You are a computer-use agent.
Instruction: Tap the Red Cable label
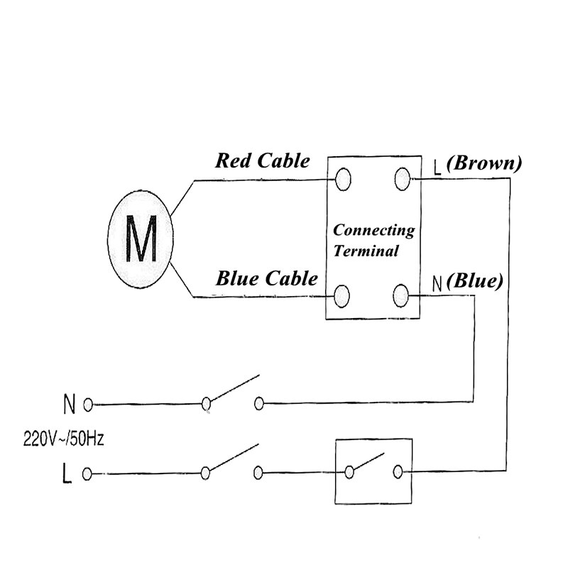coord(263,160)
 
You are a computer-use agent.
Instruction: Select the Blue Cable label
coord(266,278)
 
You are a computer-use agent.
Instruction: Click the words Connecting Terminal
coord(373,240)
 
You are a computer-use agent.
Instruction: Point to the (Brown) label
coord(486,163)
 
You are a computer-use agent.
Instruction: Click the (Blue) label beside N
coord(475,281)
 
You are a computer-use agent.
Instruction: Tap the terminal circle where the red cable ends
coord(343,178)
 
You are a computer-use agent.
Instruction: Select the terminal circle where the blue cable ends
coord(343,295)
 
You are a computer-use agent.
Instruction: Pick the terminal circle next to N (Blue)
coord(402,293)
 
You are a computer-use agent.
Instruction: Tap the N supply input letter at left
coord(69,405)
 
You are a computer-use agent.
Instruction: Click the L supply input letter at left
coord(67,474)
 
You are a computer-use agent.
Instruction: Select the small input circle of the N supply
coord(88,405)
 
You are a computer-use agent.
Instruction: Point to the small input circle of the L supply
coord(88,473)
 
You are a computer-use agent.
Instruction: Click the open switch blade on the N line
coord(233,389)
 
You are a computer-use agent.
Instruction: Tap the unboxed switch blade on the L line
coord(231,459)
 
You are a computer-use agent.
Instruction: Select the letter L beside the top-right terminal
coord(437,168)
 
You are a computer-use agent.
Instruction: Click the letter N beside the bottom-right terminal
coord(437,284)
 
